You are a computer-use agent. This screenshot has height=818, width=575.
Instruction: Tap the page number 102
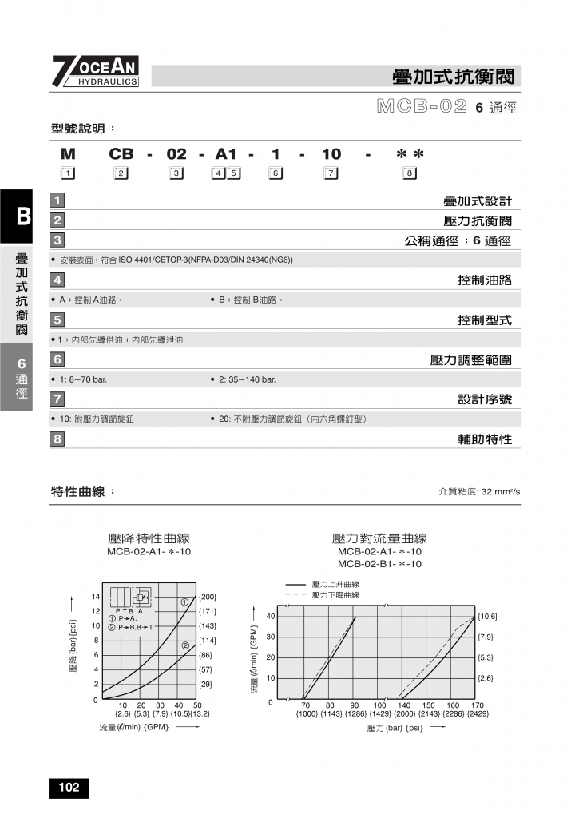69,788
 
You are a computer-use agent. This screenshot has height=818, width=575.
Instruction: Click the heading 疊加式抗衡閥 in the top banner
457,77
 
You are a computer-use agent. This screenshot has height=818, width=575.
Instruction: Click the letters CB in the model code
121,154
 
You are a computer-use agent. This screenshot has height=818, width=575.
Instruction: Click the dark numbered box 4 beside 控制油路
57,280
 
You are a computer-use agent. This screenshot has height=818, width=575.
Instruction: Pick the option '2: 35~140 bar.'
247,379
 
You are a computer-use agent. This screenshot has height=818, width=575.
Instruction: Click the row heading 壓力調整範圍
470,360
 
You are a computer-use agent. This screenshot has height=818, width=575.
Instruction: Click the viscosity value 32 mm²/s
501,492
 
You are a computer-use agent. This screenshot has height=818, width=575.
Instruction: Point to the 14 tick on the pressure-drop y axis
95,597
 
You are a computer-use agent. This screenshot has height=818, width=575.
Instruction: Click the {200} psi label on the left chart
207,597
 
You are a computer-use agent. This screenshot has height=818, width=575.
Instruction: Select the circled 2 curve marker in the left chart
184,645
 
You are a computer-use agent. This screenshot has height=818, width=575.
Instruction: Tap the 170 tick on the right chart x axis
478,705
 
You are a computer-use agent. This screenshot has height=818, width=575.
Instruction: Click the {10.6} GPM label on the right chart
487,617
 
